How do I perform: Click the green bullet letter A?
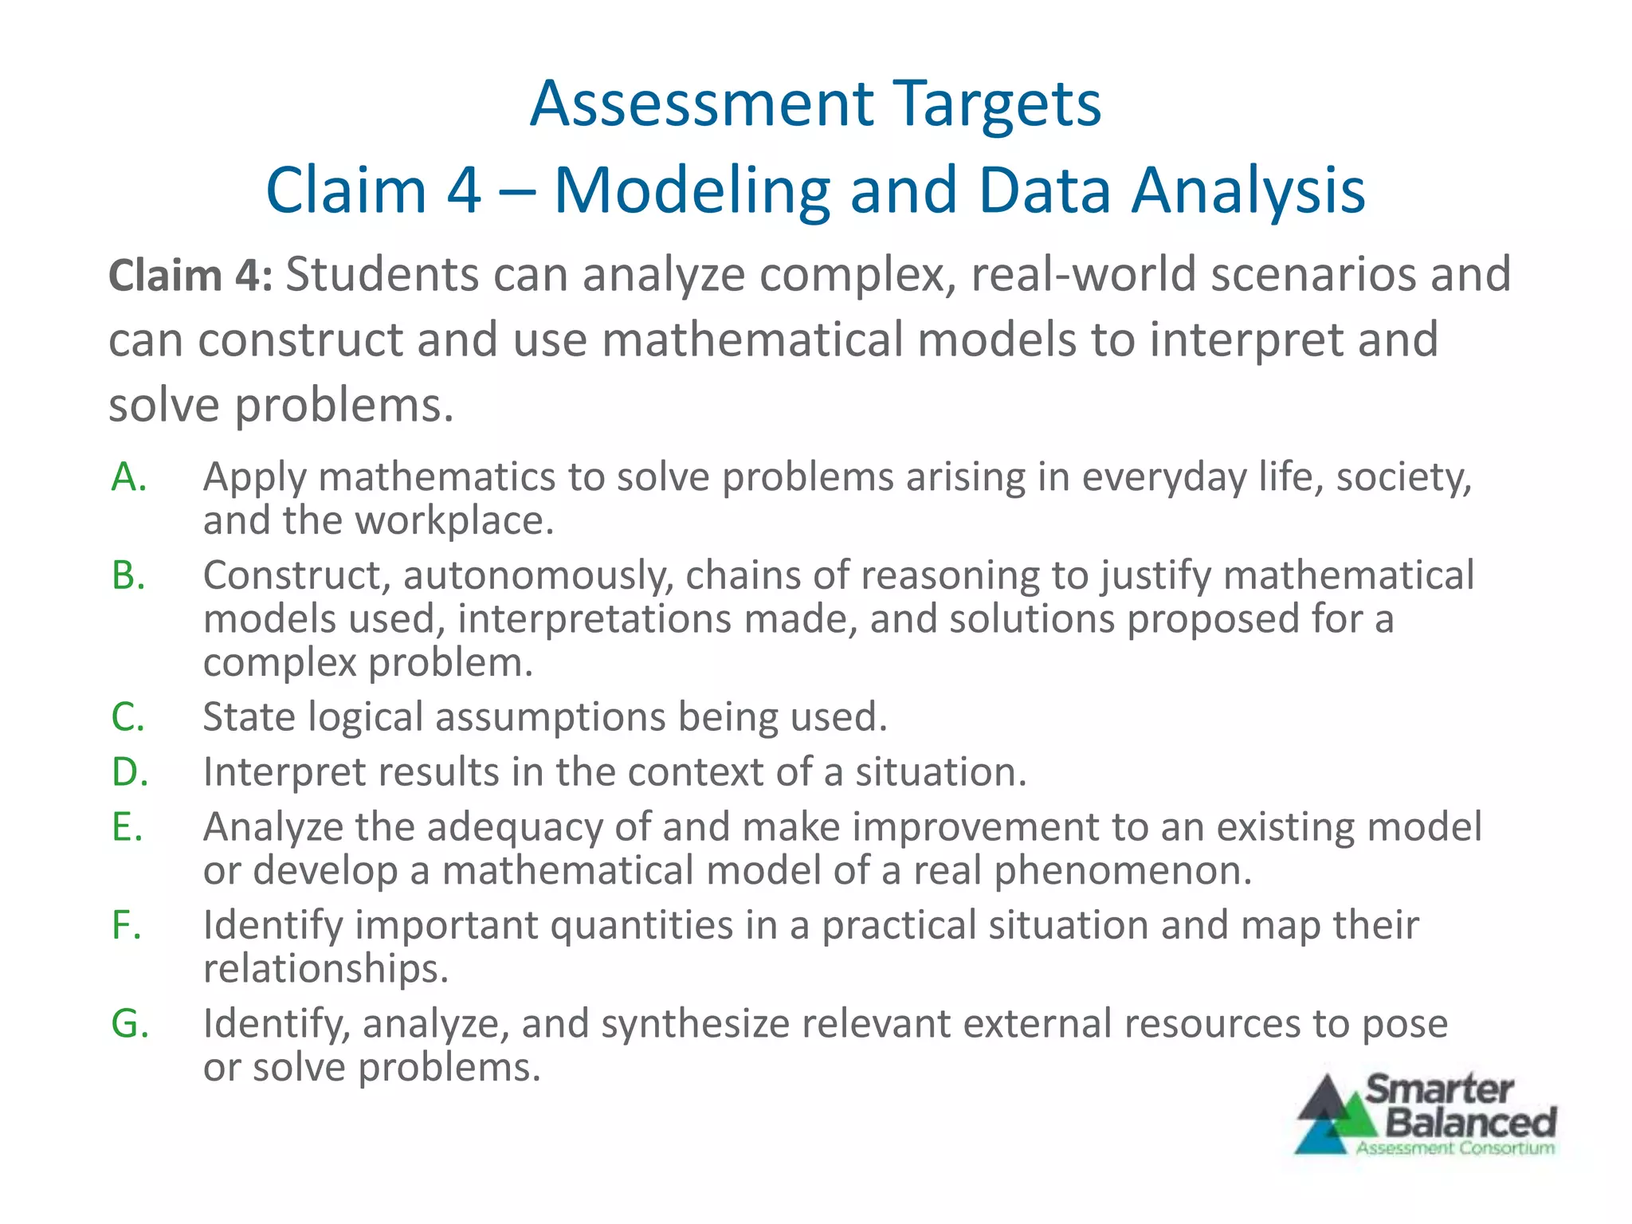128,477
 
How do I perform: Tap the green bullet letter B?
128,575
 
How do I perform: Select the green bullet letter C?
127,716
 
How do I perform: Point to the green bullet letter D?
129,772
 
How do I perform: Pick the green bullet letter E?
127,826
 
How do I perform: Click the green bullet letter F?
126,925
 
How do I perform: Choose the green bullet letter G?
130,1023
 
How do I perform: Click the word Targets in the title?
997,104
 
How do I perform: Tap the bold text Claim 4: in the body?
190,276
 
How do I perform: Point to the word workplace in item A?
453,520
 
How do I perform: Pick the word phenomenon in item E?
1123,870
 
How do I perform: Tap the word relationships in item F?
326,968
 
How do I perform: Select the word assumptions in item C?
549,716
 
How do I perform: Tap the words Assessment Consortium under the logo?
1455,1148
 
